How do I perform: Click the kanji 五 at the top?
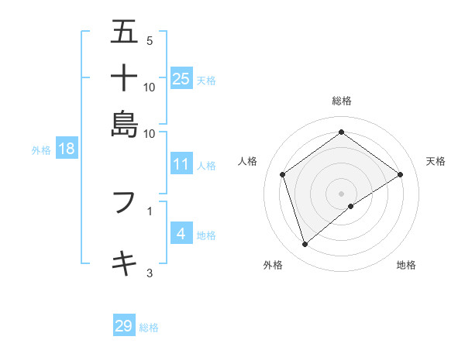coord(125,33)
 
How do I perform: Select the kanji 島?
coord(125,123)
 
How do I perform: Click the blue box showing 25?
coord(181,78)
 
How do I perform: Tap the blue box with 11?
coord(181,164)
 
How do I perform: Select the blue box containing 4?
coord(181,234)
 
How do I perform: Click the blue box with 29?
coord(124,326)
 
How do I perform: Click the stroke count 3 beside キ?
coord(150,273)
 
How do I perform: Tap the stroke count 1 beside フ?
coord(150,210)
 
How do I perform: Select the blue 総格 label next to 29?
coord(149,328)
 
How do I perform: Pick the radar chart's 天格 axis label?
coord(436,161)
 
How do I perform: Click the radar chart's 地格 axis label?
coord(406,265)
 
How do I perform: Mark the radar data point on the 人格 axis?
coord(283,175)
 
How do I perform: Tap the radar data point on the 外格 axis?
coord(305,245)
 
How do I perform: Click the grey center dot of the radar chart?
coord(342,193)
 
